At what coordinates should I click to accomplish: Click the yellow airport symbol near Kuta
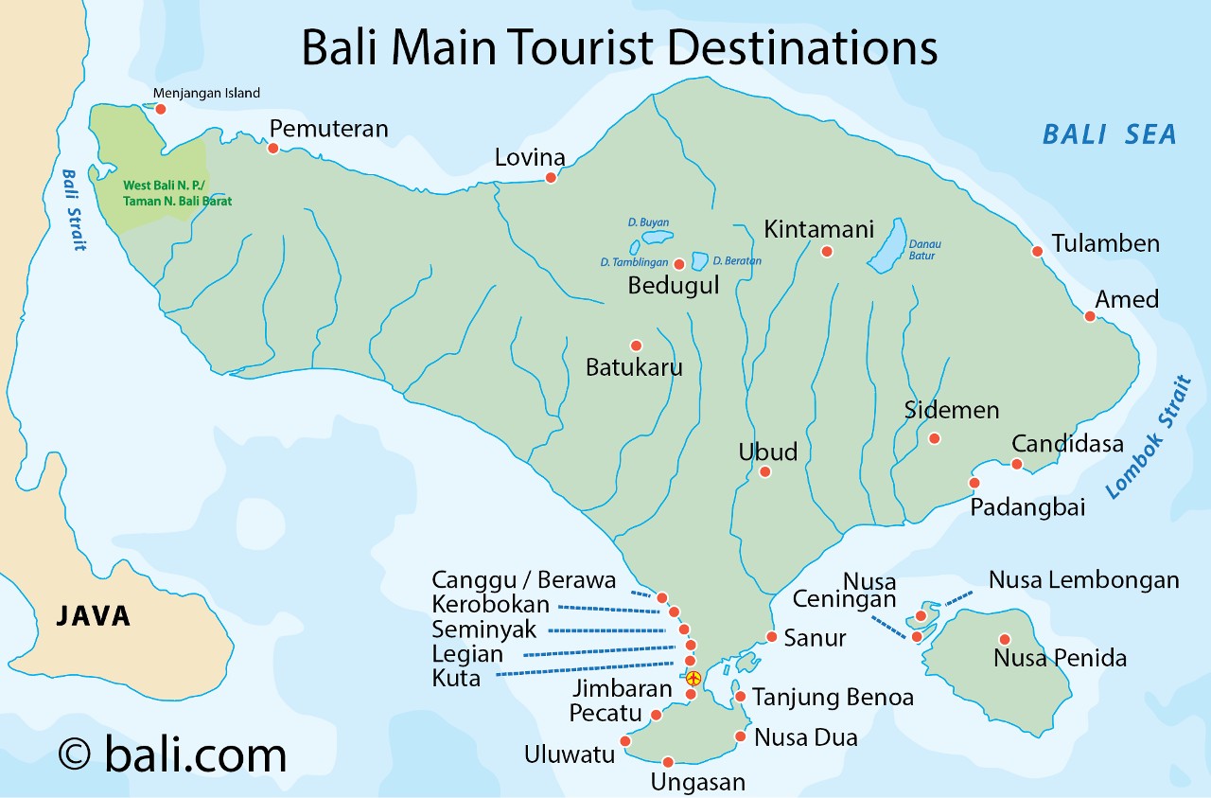pos(693,679)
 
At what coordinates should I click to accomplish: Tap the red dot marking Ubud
pos(764,471)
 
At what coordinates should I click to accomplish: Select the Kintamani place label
pos(818,229)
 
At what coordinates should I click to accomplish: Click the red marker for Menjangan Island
pos(161,109)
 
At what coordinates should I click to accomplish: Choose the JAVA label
pos(94,616)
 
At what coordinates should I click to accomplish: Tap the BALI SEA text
pos(1109,134)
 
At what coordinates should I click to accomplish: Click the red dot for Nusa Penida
pos(1005,639)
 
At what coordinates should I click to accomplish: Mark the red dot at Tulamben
pos(1037,251)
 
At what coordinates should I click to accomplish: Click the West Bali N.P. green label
pos(177,193)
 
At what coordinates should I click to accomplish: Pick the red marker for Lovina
pos(551,177)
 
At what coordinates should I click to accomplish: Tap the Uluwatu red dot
pos(624,741)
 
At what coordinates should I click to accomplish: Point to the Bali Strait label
pos(72,210)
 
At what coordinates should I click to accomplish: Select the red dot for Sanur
pos(772,636)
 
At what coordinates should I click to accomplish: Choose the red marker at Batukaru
pos(636,346)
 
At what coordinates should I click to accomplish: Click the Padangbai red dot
pos(974,483)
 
